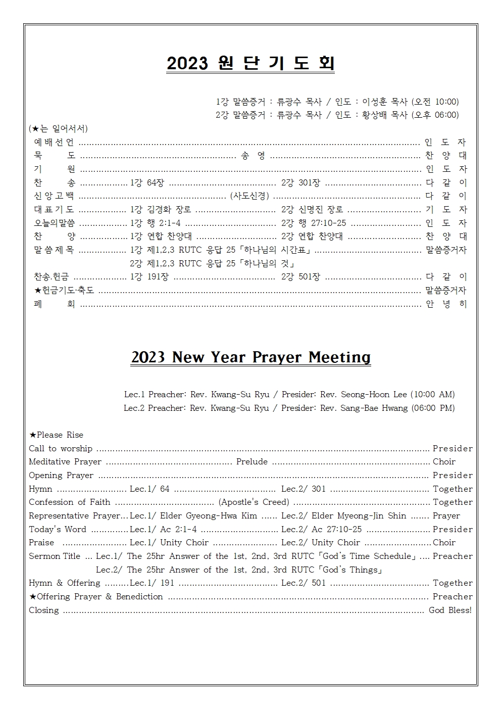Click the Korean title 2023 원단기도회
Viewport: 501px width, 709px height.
click(x=250, y=63)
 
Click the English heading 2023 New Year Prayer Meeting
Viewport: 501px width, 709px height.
click(x=250, y=357)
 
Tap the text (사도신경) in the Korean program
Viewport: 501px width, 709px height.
click(x=249, y=196)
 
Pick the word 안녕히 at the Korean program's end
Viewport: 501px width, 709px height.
click(x=446, y=304)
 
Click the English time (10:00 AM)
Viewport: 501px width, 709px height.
click(x=432, y=394)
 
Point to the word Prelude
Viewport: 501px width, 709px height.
click(x=252, y=462)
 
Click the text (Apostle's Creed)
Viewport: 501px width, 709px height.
click(x=254, y=502)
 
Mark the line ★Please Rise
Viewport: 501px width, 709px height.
click(x=56, y=435)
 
